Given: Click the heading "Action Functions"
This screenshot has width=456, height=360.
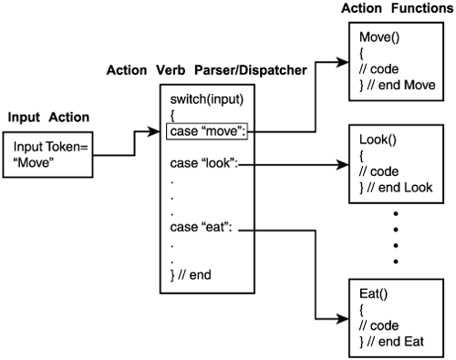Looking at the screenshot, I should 398,8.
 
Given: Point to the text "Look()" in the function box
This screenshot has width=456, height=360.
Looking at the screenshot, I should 377,143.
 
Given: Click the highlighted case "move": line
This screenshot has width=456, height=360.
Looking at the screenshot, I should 207,131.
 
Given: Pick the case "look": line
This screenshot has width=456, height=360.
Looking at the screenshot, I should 203,163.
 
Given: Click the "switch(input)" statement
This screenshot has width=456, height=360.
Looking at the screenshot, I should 206,98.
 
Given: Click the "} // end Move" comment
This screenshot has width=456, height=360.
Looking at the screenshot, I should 399,85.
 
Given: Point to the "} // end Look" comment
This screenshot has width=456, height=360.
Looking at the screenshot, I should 397,189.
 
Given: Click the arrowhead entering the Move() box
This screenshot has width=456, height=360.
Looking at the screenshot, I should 344,63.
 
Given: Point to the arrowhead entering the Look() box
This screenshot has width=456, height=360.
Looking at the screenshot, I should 346,166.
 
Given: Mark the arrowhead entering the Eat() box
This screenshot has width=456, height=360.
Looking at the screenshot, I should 346,319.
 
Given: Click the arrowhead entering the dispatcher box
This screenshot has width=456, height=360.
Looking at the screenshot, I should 155,133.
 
